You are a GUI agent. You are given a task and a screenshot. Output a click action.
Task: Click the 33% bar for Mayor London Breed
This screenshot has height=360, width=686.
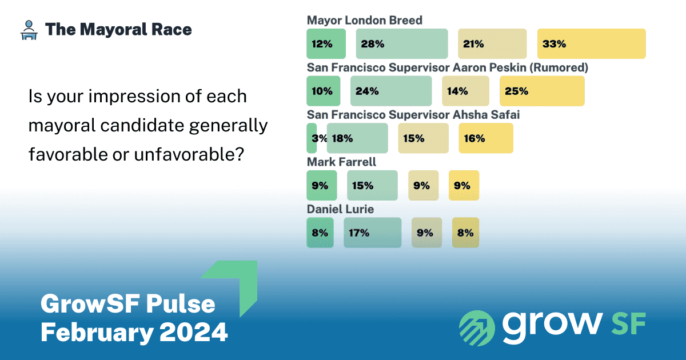pos(591,44)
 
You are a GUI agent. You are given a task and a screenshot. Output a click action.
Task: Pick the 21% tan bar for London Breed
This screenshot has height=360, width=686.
pos(492,44)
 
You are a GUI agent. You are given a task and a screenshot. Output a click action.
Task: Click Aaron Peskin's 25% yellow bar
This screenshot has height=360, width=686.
pos(542,91)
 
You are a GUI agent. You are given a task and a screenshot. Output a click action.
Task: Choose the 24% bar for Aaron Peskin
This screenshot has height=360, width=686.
pos(390,91)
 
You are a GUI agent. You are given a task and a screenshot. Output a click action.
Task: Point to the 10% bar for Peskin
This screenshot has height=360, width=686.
pos(324,91)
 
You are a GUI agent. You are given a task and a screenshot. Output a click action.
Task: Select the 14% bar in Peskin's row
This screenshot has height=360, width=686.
pos(465,91)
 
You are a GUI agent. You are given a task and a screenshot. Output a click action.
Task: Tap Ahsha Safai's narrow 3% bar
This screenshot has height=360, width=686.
pos(312,138)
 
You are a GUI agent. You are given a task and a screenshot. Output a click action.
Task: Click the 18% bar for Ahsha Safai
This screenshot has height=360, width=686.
pos(357,138)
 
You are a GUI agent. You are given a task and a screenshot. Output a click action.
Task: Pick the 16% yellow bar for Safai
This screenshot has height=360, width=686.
pos(486,138)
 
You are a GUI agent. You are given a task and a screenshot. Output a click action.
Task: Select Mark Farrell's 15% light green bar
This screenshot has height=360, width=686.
pos(372,185)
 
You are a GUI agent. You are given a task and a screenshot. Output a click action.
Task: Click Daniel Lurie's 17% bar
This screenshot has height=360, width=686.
pos(372,233)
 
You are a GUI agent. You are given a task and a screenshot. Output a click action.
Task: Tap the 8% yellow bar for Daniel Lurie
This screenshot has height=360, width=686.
pos(465,233)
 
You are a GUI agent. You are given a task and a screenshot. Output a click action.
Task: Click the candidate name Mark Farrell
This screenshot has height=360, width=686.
pos(341,162)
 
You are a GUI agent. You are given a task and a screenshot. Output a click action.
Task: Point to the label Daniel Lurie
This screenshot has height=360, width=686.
pos(340,209)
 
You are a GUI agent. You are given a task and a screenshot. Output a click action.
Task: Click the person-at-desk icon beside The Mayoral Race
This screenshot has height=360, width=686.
pos(27,30)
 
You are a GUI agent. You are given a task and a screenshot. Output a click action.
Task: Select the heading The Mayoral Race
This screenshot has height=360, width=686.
pos(118,30)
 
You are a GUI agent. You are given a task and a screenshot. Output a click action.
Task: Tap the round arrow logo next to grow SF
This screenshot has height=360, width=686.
pos(477,328)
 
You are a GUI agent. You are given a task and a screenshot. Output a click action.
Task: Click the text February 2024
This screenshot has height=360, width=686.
pos(134,332)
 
